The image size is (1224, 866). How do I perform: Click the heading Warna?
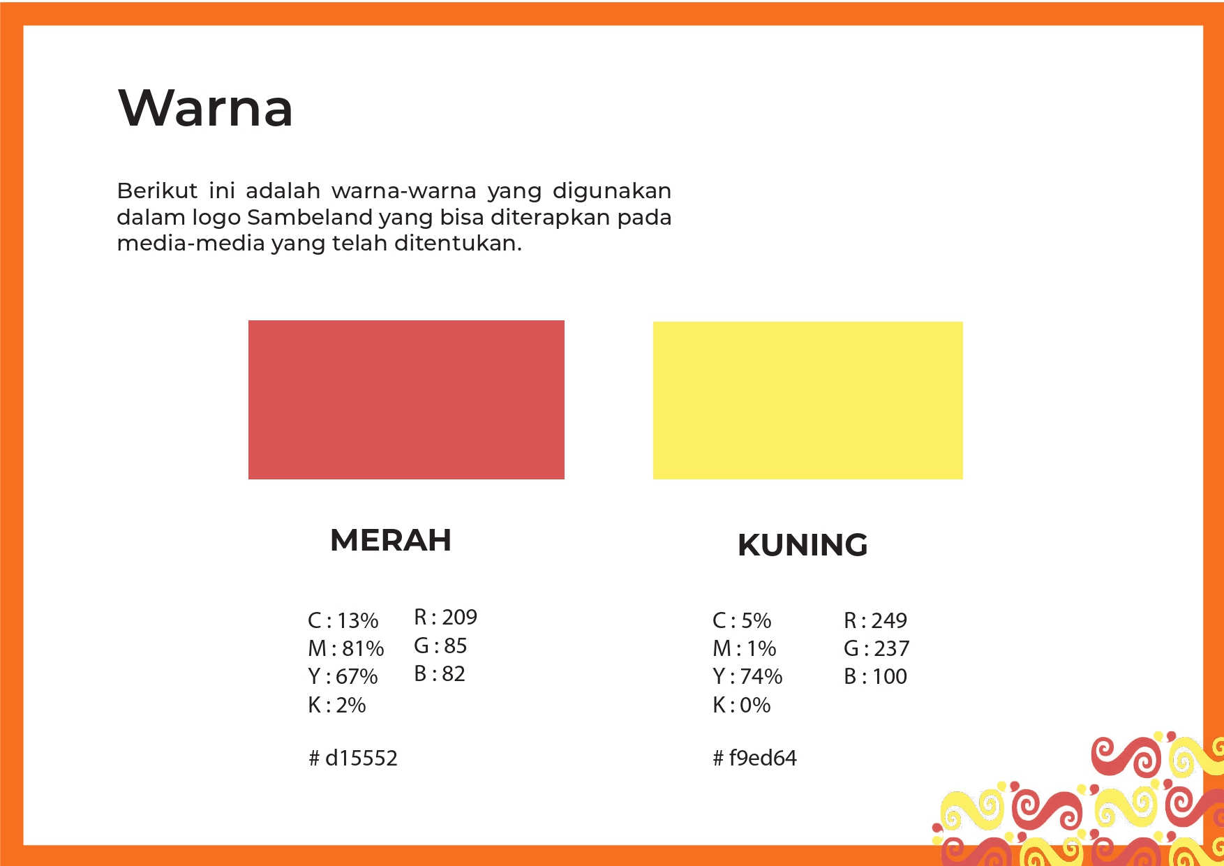(206, 108)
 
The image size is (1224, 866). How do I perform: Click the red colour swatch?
(406, 400)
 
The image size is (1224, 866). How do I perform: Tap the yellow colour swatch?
(807, 401)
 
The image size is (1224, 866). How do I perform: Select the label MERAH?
(391, 540)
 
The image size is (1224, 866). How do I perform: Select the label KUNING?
(803, 545)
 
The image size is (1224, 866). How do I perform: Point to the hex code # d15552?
(353, 758)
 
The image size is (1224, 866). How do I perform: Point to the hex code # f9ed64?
(754, 758)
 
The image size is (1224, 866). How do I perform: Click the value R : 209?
(445, 617)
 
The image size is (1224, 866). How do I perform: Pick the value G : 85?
(440, 645)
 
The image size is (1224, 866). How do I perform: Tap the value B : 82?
(440, 673)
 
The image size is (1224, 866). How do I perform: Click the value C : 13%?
(343, 620)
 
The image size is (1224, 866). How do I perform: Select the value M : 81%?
(346, 648)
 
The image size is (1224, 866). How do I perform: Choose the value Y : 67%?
(343, 676)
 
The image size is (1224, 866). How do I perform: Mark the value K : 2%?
(337, 705)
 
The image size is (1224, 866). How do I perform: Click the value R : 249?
(875, 620)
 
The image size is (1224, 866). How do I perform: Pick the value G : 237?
(876, 648)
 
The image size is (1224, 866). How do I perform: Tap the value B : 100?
(875, 676)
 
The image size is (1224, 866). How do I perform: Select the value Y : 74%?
(747, 676)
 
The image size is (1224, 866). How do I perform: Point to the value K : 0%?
(742, 705)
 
